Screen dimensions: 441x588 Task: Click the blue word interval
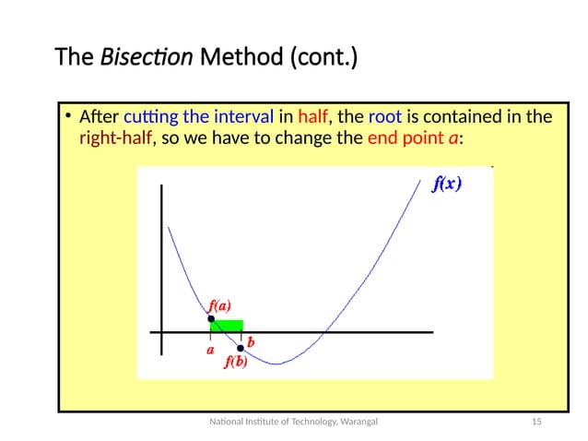pyautogui.click(x=243, y=118)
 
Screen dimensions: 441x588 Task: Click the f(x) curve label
pyautogui.click(x=447, y=184)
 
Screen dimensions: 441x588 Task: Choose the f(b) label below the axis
pyautogui.click(x=236, y=363)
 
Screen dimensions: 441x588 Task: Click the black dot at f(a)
pyautogui.click(x=211, y=318)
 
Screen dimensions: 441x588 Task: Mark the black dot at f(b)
pyautogui.click(x=241, y=348)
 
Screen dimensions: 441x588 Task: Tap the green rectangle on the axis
pyautogui.click(x=227, y=325)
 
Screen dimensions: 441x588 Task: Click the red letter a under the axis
pyautogui.click(x=210, y=350)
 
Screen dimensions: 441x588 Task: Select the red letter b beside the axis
pyautogui.click(x=250, y=341)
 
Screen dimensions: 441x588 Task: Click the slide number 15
pyautogui.click(x=534, y=422)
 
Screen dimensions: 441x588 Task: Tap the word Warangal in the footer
pyautogui.click(x=359, y=422)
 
